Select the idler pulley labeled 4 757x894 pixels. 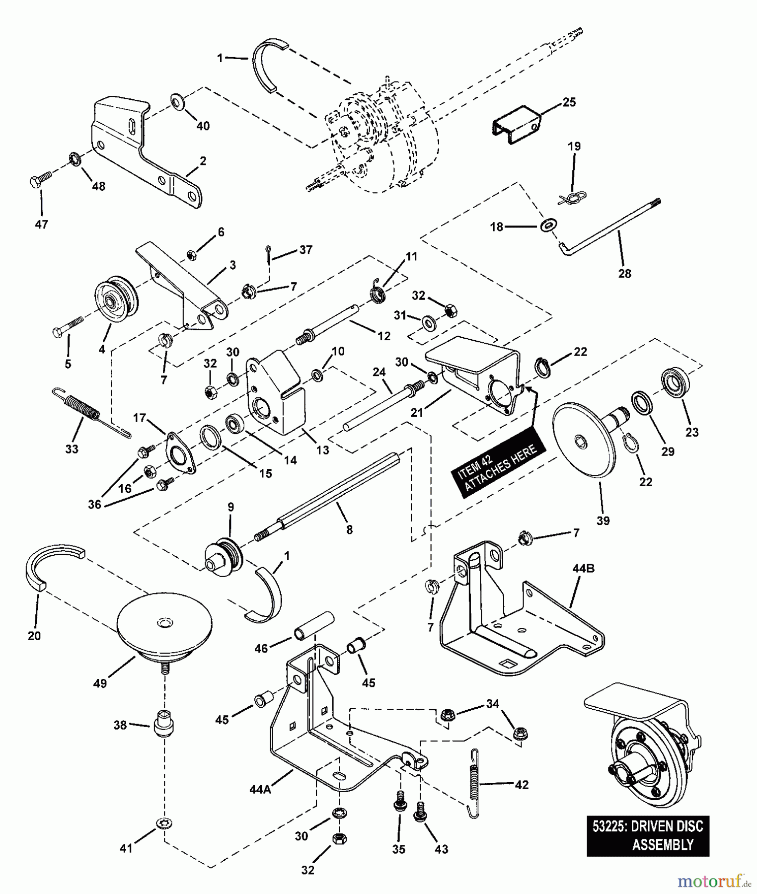pos(117,299)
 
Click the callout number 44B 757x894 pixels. pos(583,569)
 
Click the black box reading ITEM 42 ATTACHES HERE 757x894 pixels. pos(498,466)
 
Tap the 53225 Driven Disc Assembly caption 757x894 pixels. pos(648,835)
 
